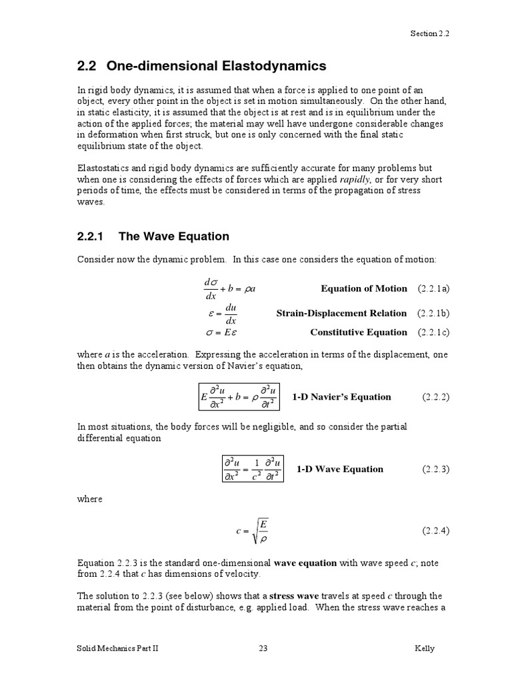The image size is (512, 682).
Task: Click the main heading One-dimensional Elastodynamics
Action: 202,66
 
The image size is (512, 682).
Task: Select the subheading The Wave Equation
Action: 153,236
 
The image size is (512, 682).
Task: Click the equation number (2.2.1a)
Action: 434,289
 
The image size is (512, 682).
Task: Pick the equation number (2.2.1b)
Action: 434,313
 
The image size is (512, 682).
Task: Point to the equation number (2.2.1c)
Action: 434,332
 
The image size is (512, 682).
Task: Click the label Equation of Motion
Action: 363,289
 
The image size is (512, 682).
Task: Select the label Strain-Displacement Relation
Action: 341,313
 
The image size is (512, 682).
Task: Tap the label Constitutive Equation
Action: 359,332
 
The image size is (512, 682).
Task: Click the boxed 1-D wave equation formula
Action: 252,469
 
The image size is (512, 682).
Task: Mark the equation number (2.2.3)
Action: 436,469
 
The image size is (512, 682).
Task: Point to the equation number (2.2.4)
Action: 436,531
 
